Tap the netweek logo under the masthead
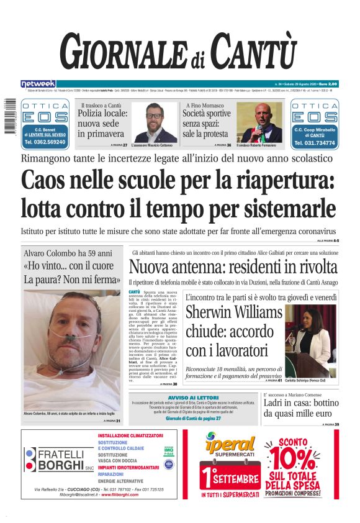pos(38,83)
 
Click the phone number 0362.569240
pos(45,142)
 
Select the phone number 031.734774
pos(314,142)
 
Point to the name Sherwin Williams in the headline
pos(234,312)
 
